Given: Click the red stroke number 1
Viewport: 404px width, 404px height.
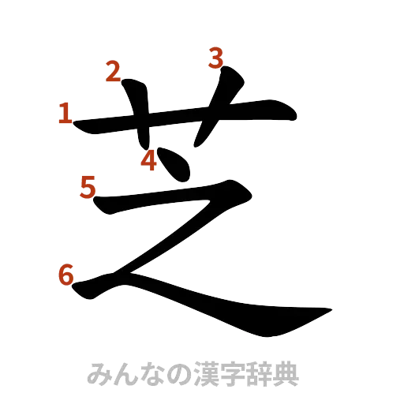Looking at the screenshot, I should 65,115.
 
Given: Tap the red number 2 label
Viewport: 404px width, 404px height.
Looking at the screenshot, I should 114,72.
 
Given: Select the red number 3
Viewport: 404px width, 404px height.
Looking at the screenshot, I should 217,58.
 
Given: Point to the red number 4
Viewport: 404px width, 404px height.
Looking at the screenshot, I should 149,161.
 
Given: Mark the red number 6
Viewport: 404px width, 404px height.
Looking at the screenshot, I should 66,275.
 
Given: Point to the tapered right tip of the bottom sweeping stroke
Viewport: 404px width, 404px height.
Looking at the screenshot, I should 325,310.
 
